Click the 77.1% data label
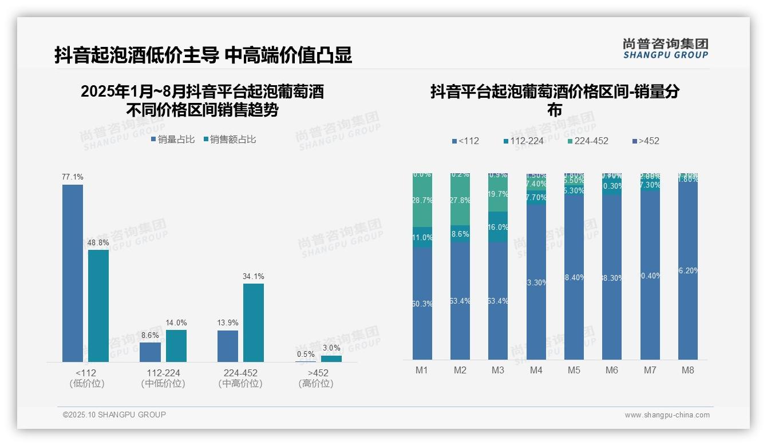point(73,177)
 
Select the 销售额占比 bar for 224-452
point(253,322)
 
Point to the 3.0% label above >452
point(331,348)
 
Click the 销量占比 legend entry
point(173,140)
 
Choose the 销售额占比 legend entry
point(230,140)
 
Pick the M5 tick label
point(574,371)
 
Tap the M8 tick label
point(687,371)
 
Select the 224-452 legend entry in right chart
point(588,141)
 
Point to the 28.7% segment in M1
point(422,201)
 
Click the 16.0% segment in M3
point(498,227)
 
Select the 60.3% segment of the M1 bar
point(422,304)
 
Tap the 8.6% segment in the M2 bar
point(460,234)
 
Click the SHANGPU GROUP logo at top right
point(665,49)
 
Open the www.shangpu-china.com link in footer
point(667,415)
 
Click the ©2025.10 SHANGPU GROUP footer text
point(114,415)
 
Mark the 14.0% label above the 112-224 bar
point(175,323)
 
